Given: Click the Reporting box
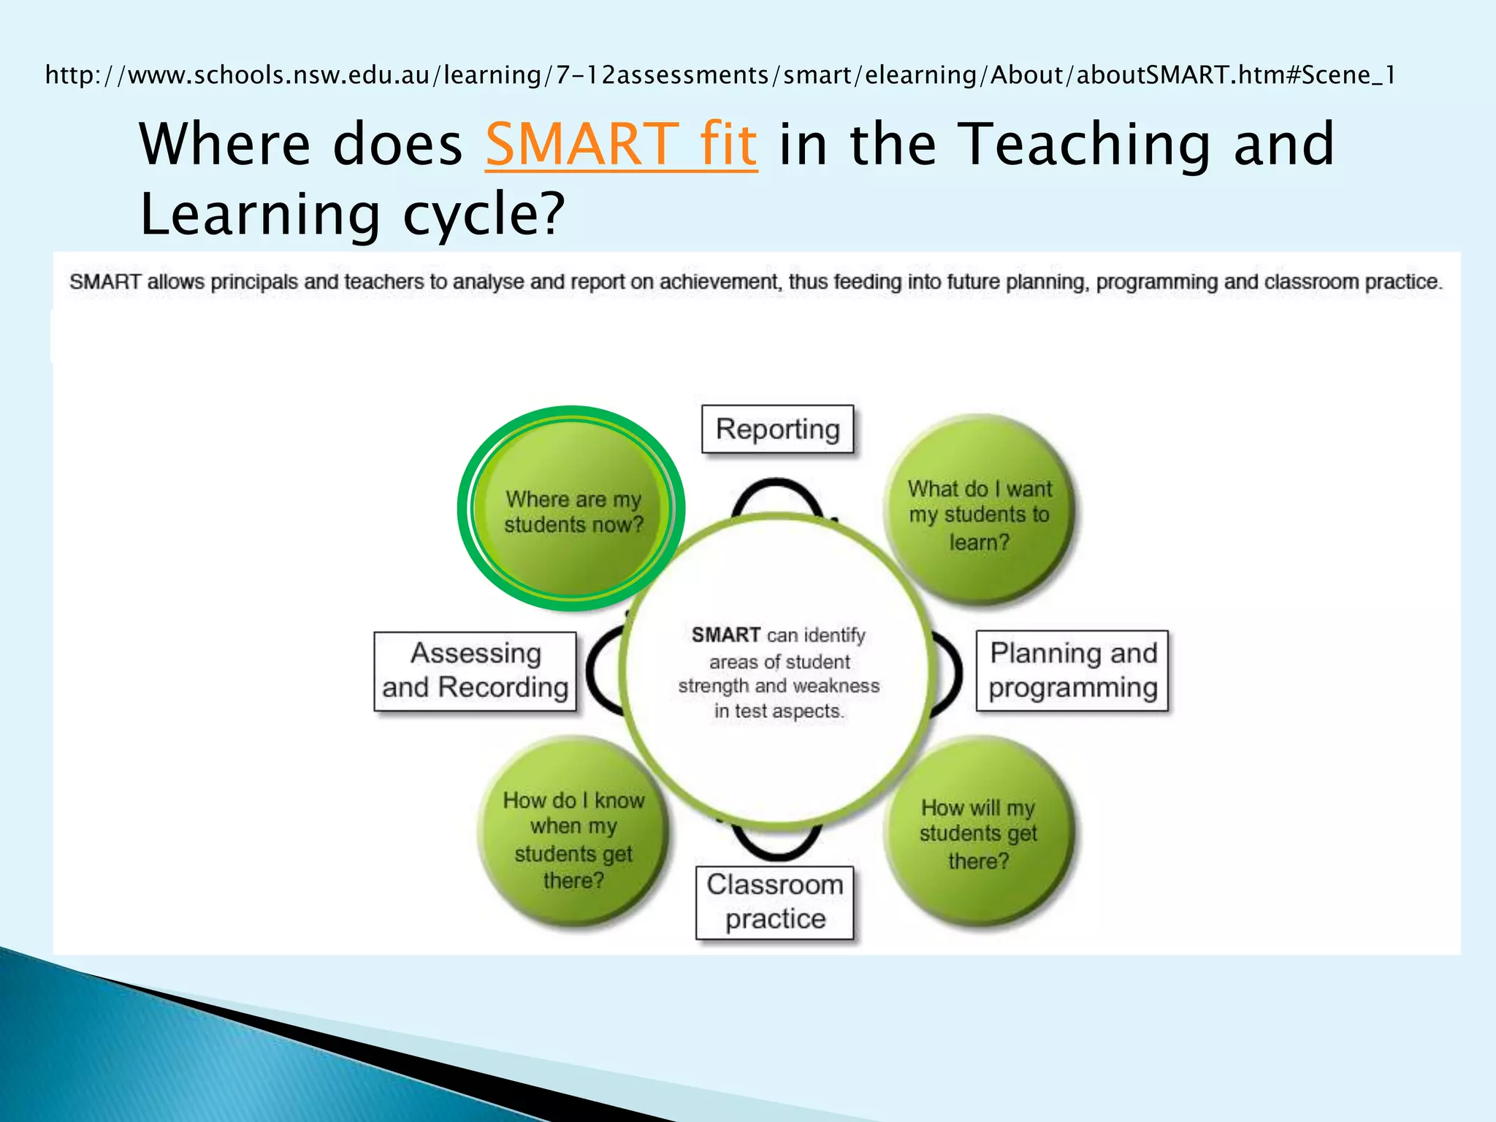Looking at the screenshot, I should coord(777,430).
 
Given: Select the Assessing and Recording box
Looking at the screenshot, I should coord(475,671).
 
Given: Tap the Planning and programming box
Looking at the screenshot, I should coord(1072,671).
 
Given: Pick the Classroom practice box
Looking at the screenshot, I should coord(775,902).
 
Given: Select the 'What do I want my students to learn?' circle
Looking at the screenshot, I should coord(979,511).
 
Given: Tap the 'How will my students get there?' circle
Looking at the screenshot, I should coord(979,833).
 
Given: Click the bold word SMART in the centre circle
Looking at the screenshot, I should coord(726,635).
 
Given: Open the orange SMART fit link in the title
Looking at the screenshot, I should coord(621,144).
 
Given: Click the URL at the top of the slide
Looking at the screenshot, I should coord(720,75).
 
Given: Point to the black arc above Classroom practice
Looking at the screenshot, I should coord(776,847).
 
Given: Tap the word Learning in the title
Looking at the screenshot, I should coord(259,214).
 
